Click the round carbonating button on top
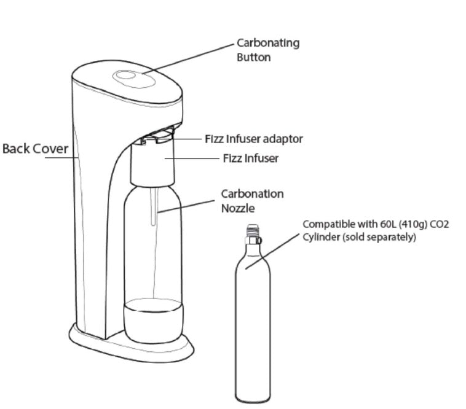pos(127,76)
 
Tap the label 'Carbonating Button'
pos(268,50)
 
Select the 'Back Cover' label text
pos(35,149)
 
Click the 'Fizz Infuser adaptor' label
pos(253,139)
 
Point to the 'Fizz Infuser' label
pos(250,158)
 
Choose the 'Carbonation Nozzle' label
pos(252,201)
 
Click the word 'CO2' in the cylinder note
pos(440,224)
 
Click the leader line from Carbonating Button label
pos(191,58)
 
